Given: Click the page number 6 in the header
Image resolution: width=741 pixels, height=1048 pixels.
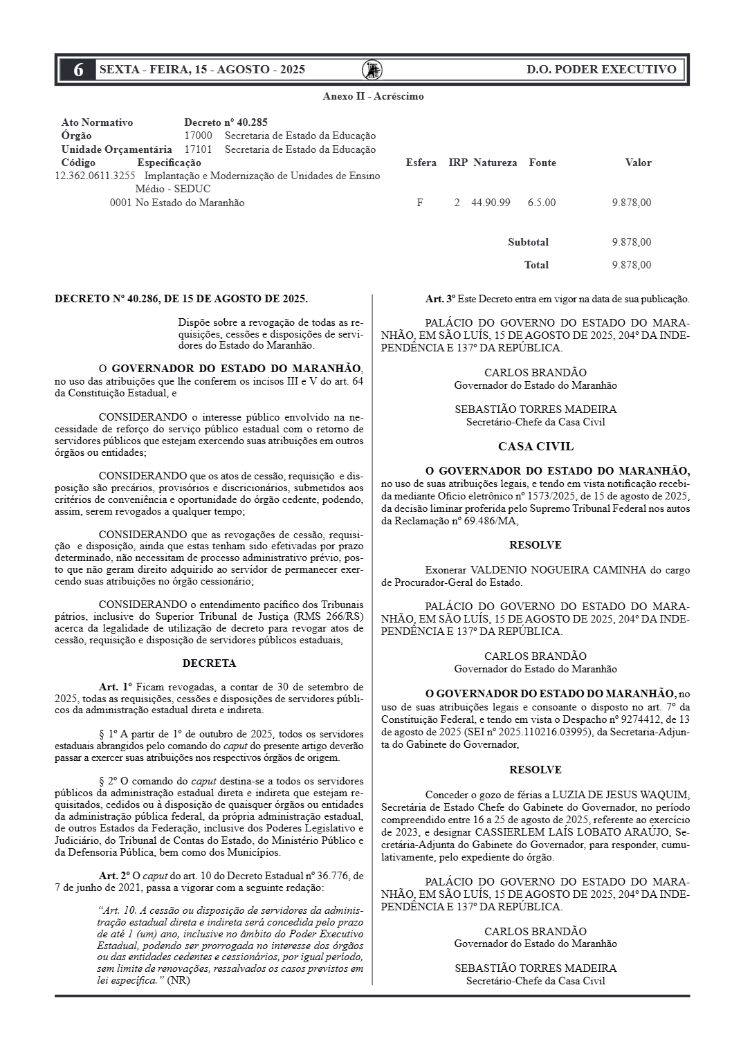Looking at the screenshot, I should [79, 70].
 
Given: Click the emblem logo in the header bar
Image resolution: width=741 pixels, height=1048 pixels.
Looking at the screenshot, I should [372, 70].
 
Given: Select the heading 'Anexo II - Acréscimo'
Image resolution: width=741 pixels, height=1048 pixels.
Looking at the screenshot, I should [373, 96].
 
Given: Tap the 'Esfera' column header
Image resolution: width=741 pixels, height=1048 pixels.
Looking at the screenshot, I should [421, 163].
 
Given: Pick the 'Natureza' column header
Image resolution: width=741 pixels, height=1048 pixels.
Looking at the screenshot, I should [495, 163].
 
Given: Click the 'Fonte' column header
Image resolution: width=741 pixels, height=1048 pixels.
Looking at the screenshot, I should [542, 163].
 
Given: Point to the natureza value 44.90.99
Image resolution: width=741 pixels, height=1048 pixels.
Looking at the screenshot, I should [491, 203].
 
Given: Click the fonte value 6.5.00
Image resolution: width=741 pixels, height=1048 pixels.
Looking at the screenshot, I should [541, 203].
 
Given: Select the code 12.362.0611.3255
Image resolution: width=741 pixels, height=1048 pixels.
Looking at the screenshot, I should [95, 176].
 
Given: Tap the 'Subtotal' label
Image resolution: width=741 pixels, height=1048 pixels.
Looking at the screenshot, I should [528, 242].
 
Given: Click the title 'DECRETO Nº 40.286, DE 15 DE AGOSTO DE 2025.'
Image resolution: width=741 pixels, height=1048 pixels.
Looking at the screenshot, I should [181, 299].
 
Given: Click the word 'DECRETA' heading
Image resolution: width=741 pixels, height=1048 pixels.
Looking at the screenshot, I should [209, 663].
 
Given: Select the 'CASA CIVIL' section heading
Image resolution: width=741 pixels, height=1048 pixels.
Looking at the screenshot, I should [536, 447].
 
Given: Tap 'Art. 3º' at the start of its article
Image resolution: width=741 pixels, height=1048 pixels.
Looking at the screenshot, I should [440, 300].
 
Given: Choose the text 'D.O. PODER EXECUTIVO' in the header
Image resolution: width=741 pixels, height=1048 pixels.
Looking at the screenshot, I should [601, 69].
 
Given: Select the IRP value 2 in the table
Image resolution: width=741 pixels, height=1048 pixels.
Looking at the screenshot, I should [457, 203].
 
